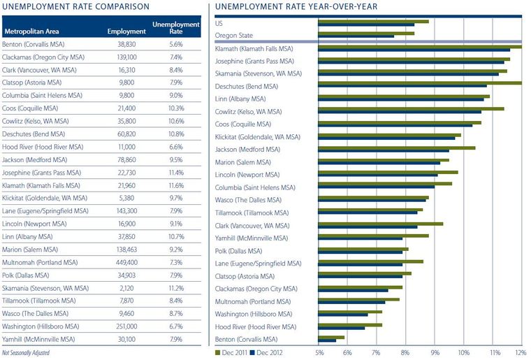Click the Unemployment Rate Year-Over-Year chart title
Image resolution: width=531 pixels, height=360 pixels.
click(x=296, y=6)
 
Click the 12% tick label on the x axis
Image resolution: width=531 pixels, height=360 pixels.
click(x=518, y=352)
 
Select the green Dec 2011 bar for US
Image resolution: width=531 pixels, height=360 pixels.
click(x=373, y=21)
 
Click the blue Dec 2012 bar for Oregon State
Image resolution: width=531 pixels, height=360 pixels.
click(x=356, y=36)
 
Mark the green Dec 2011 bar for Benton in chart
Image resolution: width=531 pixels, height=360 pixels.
click(x=331, y=337)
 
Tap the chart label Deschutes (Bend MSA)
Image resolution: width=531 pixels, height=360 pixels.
click(x=247, y=86)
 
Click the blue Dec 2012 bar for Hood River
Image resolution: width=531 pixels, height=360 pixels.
click(x=341, y=328)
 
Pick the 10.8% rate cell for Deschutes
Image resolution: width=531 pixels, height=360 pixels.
click(x=175, y=131)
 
